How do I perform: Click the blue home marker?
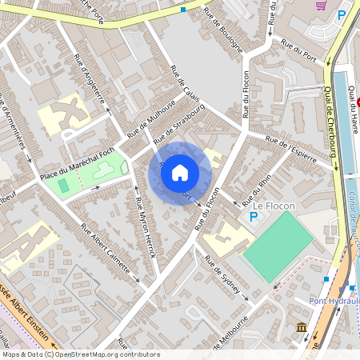pyautogui.click(x=180, y=172)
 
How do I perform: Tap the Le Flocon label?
pyautogui.click(x=274, y=206)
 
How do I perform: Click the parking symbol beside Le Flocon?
pyautogui.click(x=254, y=216)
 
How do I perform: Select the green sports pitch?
pyautogui.click(x=277, y=245)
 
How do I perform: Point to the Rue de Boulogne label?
pyautogui.click(x=223, y=30)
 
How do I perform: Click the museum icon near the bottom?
pyautogui.click(x=300, y=328)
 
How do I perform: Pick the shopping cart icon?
pyautogui.click(x=321, y=5)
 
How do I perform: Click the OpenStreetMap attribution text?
pyautogui.click(x=92, y=354)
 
